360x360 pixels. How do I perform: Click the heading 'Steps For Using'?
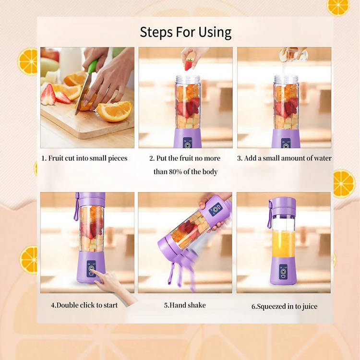(185, 32)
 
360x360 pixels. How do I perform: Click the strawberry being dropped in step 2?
(189, 64)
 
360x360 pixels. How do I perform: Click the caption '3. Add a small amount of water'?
(284, 158)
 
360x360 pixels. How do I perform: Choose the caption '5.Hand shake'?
(185, 305)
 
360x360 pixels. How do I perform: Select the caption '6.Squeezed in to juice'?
(284, 306)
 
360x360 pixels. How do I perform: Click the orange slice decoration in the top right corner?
(338, 6)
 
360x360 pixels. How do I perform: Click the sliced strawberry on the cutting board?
(48, 95)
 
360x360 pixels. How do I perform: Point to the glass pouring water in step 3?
(293, 54)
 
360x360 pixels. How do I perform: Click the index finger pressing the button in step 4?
(98, 275)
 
